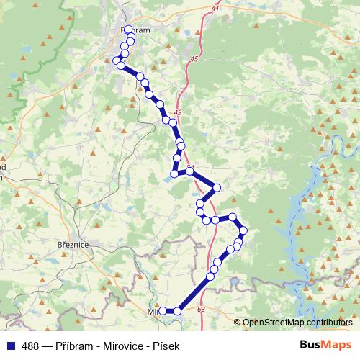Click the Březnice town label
[72, 246]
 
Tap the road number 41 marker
[214, 8]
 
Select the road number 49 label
[179, 114]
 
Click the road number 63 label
[200, 309]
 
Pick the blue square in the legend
[10, 345]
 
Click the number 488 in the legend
[31, 345]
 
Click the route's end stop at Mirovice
[163, 310]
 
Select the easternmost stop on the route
[243, 230]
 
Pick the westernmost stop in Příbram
[117, 60]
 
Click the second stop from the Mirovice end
[177, 311]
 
